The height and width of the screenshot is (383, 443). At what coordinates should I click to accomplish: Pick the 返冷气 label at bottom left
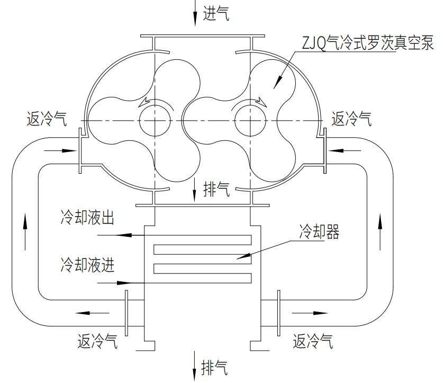97,342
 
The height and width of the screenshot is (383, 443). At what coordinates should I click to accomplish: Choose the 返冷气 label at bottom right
313,342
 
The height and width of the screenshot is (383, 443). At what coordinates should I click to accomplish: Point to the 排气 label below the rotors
216,190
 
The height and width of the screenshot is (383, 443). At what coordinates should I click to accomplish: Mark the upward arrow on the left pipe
24,225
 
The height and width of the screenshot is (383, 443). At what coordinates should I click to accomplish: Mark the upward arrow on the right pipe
379,225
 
